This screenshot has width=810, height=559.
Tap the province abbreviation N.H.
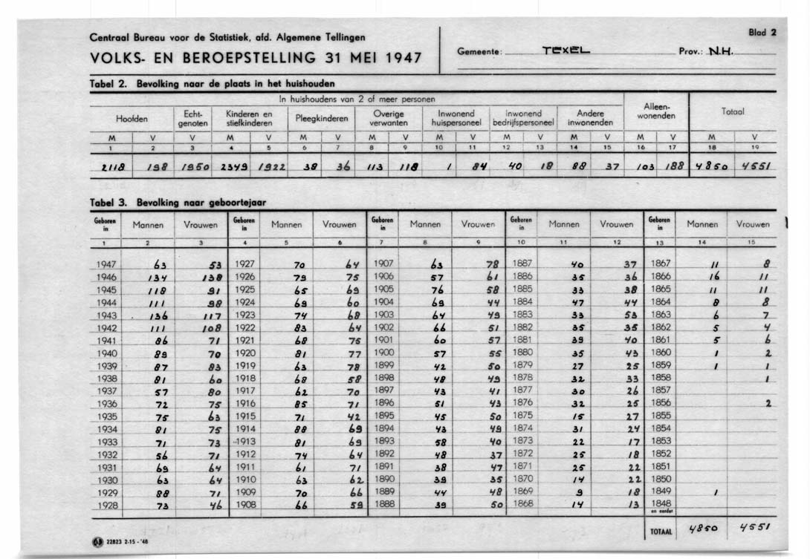coord(720,52)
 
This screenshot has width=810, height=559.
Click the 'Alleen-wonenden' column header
coord(656,112)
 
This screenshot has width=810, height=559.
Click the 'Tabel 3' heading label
coord(108,201)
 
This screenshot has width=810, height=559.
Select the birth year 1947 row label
coord(107,264)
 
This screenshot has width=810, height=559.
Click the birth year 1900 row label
coord(383,353)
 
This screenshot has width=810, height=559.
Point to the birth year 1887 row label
coord(522,263)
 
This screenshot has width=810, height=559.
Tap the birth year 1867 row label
coord(661,263)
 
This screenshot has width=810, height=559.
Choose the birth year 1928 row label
coord(107,506)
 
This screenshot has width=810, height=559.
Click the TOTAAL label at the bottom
coord(661,532)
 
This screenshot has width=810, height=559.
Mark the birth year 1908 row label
coord(245,505)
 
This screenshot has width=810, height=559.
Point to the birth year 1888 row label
coord(383,503)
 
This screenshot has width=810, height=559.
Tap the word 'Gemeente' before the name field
coord(480,52)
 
